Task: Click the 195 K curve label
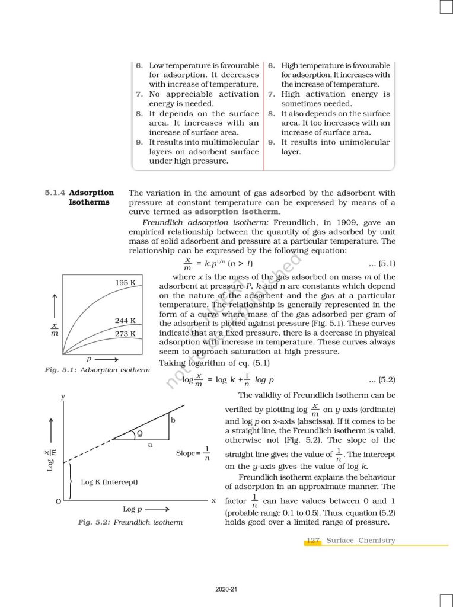coord(126,283)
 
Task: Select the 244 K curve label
coord(125,321)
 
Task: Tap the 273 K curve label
coord(125,334)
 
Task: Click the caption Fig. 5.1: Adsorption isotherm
coord(97,370)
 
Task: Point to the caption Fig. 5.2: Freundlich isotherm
coord(130,522)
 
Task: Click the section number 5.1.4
coord(56,193)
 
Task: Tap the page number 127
coord(313,541)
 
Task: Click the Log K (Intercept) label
coord(109,482)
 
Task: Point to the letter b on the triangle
coord(173,420)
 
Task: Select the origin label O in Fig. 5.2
coord(58,501)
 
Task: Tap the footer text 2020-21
coord(226,589)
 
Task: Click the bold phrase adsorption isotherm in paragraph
coord(237,212)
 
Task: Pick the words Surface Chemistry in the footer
coord(361,541)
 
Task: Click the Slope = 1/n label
coord(193,453)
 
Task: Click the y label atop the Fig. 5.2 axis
coord(63,395)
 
